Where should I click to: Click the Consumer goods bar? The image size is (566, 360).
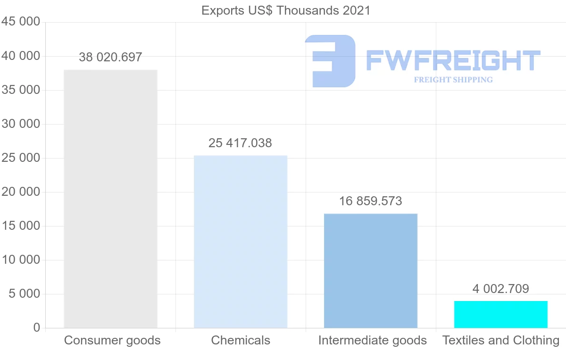point(110,199)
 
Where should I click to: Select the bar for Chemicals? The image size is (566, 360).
point(241,242)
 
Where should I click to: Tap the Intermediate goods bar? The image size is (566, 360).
point(371,271)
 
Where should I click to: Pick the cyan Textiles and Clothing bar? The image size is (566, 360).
point(501,314)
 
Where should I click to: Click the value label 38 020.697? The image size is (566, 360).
point(110,58)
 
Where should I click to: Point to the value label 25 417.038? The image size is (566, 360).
point(240,143)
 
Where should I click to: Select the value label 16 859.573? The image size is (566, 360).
point(371,201)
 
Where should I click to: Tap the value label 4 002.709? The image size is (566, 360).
point(501,289)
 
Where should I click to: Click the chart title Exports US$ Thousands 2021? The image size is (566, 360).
point(286,10)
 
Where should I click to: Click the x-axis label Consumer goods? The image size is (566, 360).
point(112,340)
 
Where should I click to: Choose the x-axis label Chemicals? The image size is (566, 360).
point(241,340)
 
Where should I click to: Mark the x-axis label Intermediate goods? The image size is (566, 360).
point(373,340)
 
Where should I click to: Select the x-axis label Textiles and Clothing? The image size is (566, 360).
point(501,340)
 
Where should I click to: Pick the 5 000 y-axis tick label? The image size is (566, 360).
point(24,294)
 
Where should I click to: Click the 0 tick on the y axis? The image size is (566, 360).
point(37,328)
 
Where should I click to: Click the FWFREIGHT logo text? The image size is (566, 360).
point(453,60)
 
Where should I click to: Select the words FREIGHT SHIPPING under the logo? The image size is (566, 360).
point(453,80)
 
